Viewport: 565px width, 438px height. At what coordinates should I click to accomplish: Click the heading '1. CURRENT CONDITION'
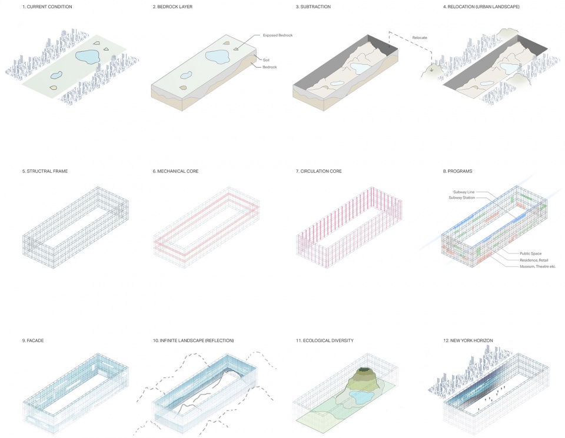(47, 6)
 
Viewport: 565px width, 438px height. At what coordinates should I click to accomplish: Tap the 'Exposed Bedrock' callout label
(277, 35)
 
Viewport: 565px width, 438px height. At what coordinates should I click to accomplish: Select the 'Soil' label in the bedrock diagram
(266, 60)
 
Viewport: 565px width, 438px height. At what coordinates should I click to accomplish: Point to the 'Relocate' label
(420, 38)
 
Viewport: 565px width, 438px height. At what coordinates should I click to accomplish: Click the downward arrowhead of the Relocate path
(431, 69)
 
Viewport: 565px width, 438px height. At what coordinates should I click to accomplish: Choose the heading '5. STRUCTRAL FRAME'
(45, 171)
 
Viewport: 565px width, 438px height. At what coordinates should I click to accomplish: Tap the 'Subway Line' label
(464, 192)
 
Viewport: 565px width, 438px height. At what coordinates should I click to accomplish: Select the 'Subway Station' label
(461, 198)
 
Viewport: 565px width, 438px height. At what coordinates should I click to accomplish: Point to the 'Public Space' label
(530, 253)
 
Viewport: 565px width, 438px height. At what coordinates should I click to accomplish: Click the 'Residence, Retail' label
(534, 260)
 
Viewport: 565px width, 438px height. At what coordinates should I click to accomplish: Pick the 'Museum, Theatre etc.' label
(537, 266)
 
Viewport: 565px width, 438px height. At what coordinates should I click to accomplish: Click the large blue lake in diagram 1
(88, 56)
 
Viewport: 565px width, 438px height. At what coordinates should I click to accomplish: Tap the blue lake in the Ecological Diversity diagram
(362, 397)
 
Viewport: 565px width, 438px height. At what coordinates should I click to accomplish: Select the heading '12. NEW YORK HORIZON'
(468, 340)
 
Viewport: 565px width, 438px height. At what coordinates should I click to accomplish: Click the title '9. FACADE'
(33, 340)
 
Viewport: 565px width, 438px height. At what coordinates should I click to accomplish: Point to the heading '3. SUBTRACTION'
(313, 6)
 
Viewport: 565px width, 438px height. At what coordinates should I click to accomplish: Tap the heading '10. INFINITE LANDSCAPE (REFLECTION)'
(193, 340)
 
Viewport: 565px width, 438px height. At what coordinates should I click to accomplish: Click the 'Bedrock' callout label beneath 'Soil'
(270, 67)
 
